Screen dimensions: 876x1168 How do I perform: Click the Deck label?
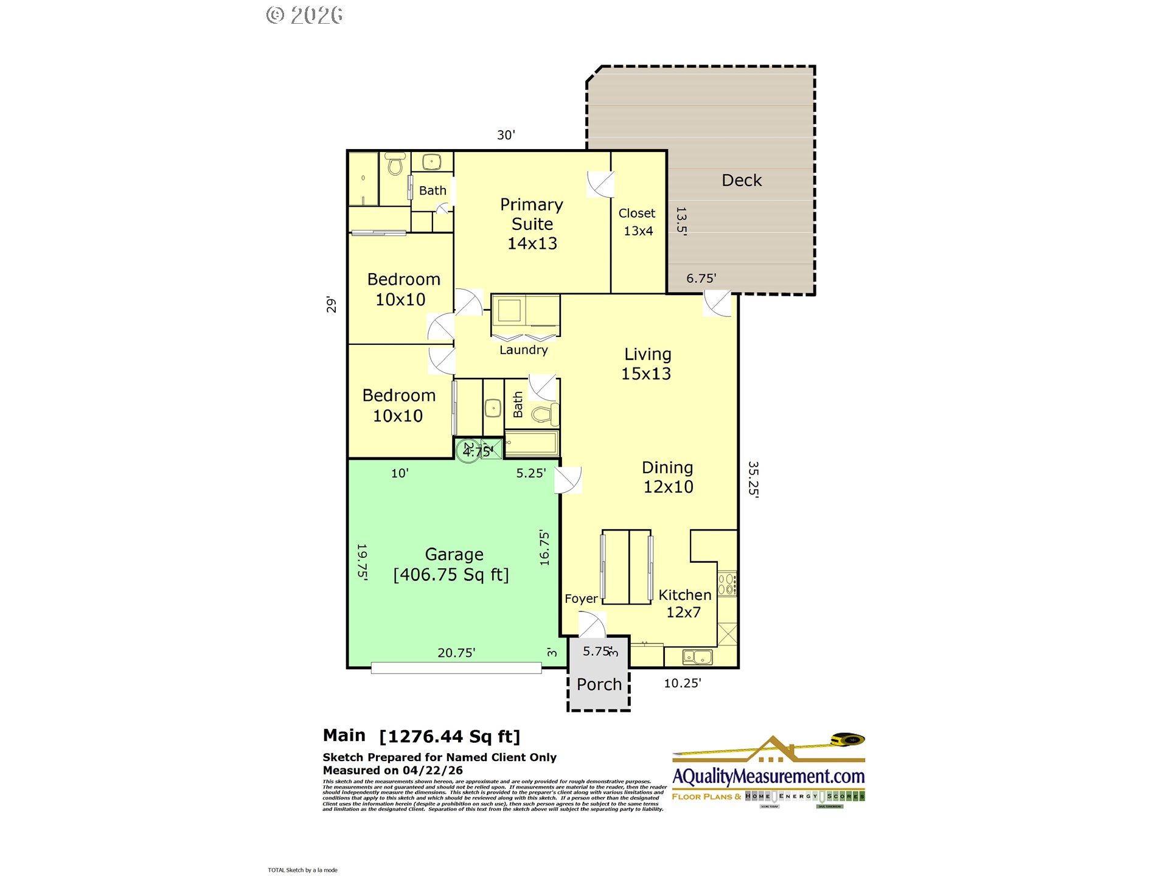click(741, 180)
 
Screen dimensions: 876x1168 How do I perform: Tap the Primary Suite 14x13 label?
click(532, 224)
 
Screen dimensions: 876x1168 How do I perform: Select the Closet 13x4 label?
click(637, 221)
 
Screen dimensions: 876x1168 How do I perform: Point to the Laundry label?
click(523, 350)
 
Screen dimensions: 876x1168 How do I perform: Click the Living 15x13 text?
click(647, 364)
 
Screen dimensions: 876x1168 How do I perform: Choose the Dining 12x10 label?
click(668, 477)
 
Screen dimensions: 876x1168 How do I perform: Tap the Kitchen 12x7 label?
click(684, 603)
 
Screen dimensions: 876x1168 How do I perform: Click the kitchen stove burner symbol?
click(727, 584)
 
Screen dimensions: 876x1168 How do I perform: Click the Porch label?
click(599, 684)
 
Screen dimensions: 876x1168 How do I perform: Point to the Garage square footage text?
click(451, 574)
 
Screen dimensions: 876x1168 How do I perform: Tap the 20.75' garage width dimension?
click(456, 653)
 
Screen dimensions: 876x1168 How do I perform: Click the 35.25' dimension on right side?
click(753, 479)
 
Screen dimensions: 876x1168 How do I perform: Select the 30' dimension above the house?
click(506, 135)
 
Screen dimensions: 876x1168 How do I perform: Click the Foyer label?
click(581, 599)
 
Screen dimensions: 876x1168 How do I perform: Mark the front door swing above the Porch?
click(592, 625)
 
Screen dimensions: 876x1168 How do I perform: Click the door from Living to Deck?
click(717, 303)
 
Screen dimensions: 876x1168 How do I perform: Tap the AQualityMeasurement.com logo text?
click(768, 777)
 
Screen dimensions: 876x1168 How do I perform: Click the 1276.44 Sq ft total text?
click(450, 737)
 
